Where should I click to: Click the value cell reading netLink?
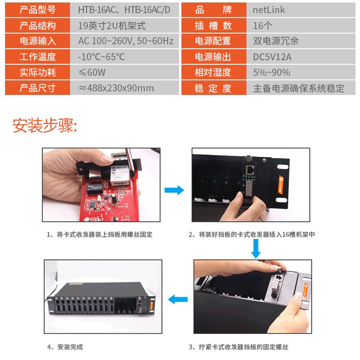click(x=301, y=10)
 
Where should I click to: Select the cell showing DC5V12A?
click(x=301, y=57)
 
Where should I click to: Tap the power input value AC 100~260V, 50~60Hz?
click(x=125, y=41)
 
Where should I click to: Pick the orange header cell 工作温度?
click(x=37, y=57)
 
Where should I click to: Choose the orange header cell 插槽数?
click(x=214, y=26)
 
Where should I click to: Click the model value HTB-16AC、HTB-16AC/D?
click(x=125, y=10)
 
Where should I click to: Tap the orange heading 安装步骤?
click(x=45, y=126)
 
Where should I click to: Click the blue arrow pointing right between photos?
click(x=174, y=190)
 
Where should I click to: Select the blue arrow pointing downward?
click(x=256, y=249)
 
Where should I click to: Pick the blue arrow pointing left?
click(x=178, y=299)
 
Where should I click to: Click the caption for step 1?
click(x=99, y=234)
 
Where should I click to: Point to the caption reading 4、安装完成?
click(x=65, y=346)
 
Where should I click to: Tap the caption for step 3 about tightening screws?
click(x=238, y=346)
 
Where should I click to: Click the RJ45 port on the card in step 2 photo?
click(x=250, y=170)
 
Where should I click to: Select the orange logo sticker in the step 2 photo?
click(x=281, y=184)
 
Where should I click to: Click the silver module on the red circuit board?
click(x=119, y=175)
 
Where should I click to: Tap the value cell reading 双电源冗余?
click(x=301, y=41)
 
